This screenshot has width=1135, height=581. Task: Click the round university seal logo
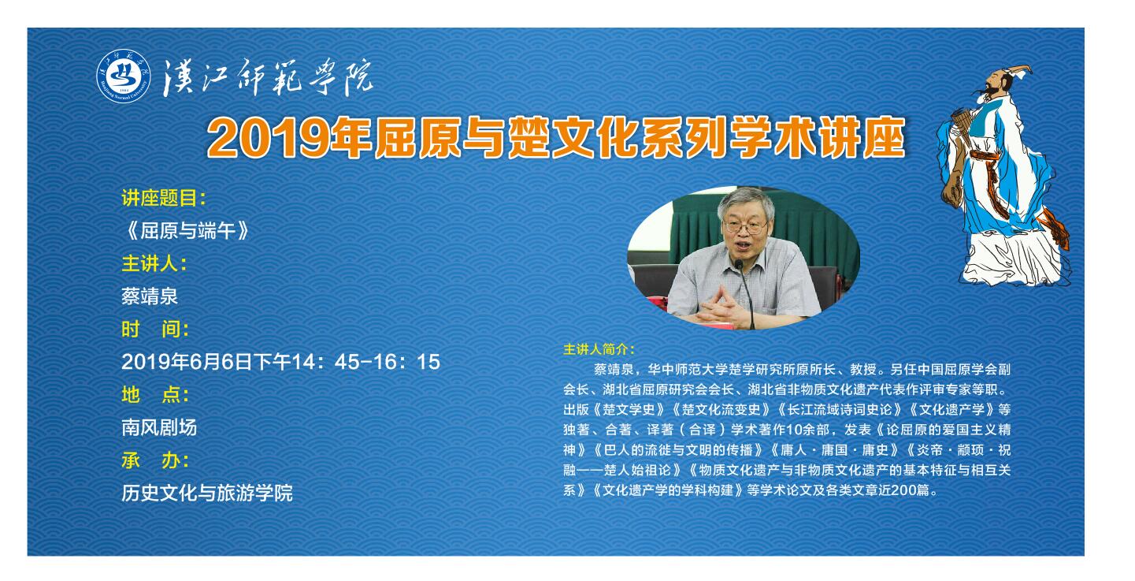124,76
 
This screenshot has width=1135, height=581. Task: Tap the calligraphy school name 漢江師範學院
268,77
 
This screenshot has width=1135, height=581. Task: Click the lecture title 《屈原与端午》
185,231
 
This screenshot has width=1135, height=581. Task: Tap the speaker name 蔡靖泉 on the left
150,296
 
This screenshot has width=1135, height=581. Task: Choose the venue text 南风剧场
159,427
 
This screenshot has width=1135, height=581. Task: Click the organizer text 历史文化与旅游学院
207,493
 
